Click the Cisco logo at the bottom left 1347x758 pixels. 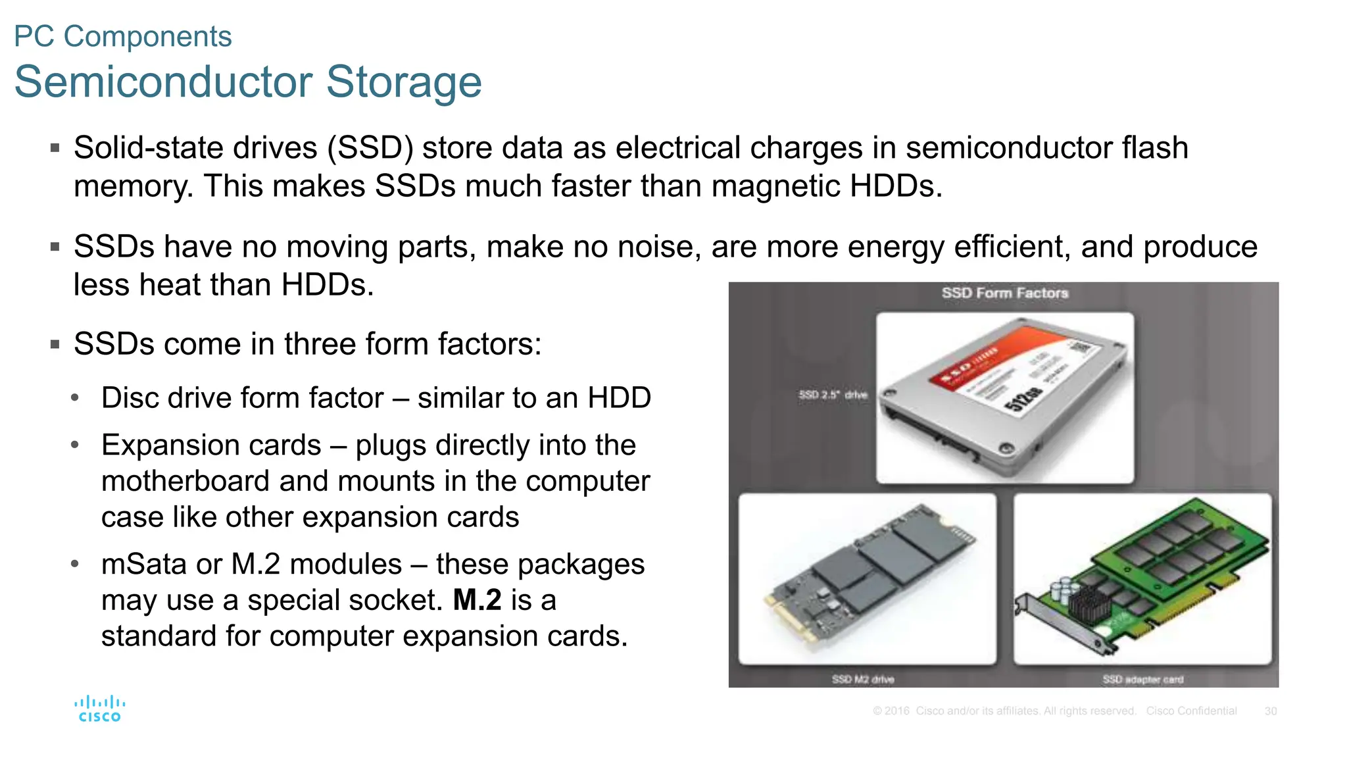[99, 709]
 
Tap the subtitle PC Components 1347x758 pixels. [122, 36]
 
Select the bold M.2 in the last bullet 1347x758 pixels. [477, 600]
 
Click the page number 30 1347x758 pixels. [1270, 711]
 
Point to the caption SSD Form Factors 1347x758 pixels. [1004, 293]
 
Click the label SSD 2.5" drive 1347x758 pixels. [833, 395]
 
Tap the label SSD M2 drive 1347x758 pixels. [862, 679]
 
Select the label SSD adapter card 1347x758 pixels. [1142, 679]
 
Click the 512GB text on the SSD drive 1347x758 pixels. [1023, 399]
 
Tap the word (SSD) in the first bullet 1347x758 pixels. [370, 148]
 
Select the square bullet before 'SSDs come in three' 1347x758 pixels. [55, 344]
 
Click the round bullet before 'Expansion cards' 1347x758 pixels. [75, 445]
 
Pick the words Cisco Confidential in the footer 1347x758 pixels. [1191, 711]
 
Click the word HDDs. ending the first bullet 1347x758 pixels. [896, 186]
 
